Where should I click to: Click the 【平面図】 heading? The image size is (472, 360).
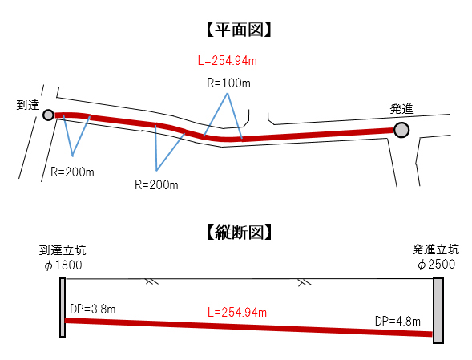pyautogui.click(x=240, y=30)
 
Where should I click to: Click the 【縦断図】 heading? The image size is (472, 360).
pyautogui.click(x=240, y=233)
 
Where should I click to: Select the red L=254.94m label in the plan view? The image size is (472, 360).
pyautogui.click(x=228, y=61)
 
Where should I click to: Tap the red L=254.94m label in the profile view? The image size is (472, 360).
pyautogui.click(x=237, y=313)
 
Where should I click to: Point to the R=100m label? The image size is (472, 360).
pyautogui.click(x=228, y=83)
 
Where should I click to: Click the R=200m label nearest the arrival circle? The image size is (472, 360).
pyautogui.click(x=72, y=172)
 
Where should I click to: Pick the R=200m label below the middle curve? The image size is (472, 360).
pyautogui.click(x=156, y=184)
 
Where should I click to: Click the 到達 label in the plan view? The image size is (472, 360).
pyautogui.click(x=28, y=105)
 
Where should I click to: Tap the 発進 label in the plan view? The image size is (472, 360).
pyautogui.click(x=401, y=109)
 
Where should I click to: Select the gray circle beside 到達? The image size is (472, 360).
pyautogui.click(x=48, y=115)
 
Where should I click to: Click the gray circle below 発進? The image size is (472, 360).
pyautogui.click(x=401, y=130)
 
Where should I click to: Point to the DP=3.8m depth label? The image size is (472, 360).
pyautogui.click(x=93, y=309)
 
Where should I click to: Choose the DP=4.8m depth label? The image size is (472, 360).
pyautogui.click(x=397, y=322)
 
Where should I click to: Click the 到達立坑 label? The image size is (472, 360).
pyautogui.click(x=63, y=250)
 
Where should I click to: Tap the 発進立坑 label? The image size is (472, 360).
pyautogui.click(x=436, y=249)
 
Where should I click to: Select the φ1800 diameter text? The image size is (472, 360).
pyautogui.click(x=63, y=265)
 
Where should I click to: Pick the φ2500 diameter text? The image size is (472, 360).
pyautogui.click(x=436, y=265)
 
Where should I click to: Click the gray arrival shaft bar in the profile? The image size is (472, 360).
pyautogui.click(x=63, y=307)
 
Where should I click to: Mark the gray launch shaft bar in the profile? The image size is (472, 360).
pyautogui.click(x=438, y=310)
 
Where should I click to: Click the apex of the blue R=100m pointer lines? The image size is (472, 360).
pyautogui.click(x=228, y=93)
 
